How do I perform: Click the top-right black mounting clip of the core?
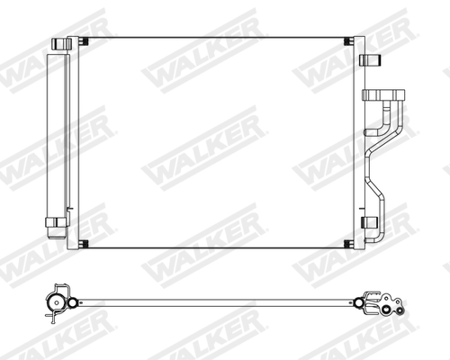pyautogui.click(x=349, y=42)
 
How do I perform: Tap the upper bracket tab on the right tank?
pyautogui.click(x=367, y=60)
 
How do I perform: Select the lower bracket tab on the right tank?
pyautogui.click(x=367, y=220)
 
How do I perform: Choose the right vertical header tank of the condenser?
pyautogui.click(x=358, y=144)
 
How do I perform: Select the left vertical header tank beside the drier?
pyautogui.click(x=75, y=144)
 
